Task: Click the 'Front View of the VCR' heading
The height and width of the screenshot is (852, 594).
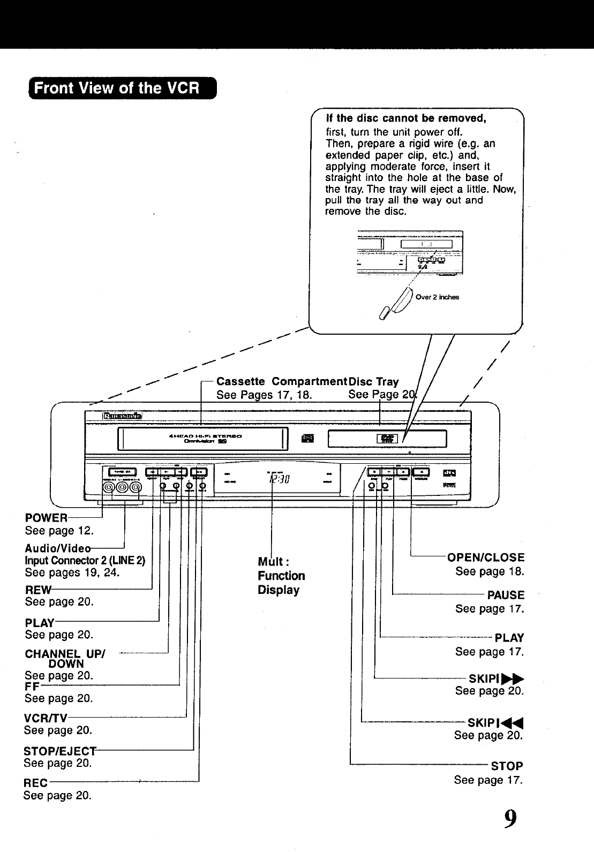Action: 117,88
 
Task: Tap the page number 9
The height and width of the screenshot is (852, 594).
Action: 510,819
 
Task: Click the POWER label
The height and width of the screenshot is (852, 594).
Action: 47,518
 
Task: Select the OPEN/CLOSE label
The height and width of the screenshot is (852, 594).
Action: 486,557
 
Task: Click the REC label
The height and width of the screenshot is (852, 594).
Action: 36,783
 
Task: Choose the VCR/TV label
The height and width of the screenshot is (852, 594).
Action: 46,718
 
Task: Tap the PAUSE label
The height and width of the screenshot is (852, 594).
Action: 506,595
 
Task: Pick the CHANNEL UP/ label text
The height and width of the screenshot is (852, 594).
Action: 65,654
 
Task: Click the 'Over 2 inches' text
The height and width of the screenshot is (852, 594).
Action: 437,297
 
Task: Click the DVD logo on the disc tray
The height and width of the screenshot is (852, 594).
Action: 387,439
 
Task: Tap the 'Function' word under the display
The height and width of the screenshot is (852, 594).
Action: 281,576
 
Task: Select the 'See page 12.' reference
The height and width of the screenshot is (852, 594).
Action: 59,531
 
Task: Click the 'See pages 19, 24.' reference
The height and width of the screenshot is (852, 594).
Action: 72,572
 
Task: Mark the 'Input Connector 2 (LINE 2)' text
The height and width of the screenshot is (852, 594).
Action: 85,561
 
